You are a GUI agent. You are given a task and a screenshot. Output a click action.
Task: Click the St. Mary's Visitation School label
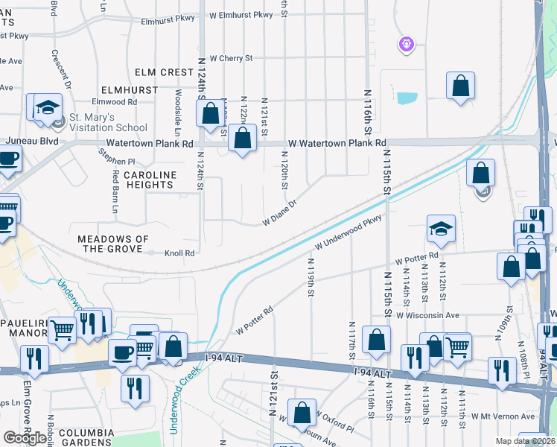pyautogui.click(x=109, y=122)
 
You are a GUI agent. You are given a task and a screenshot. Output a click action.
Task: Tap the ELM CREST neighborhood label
pyautogui.click(x=165, y=72)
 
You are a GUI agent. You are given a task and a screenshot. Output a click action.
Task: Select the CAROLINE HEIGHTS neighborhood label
pyautogui.click(x=150, y=180)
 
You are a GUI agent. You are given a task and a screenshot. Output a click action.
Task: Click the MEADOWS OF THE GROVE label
pyautogui.click(x=113, y=244)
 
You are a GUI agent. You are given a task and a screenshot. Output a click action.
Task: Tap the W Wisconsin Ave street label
pyautogui.click(x=427, y=315)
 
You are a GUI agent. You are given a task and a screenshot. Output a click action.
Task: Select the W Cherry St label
pyautogui.click(x=231, y=57)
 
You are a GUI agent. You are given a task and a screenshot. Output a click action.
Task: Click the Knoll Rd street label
pyautogui.click(x=179, y=253)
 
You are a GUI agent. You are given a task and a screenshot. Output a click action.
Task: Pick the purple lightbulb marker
pyautogui.click(x=406, y=45)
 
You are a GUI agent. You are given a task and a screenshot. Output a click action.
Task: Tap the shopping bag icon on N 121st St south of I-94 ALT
pyautogui.click(x=302, y=414)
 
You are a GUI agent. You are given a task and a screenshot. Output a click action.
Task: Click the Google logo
pyautogui.click(x=25, y=438)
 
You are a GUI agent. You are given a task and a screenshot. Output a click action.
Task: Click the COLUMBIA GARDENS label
pyautogui.click(x=86, y=437)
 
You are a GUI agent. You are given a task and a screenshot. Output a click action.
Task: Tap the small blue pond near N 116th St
pyautogui.click(x=407, y=98)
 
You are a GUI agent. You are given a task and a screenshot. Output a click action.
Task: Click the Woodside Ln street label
pyautogui.click(x=178, y=108)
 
